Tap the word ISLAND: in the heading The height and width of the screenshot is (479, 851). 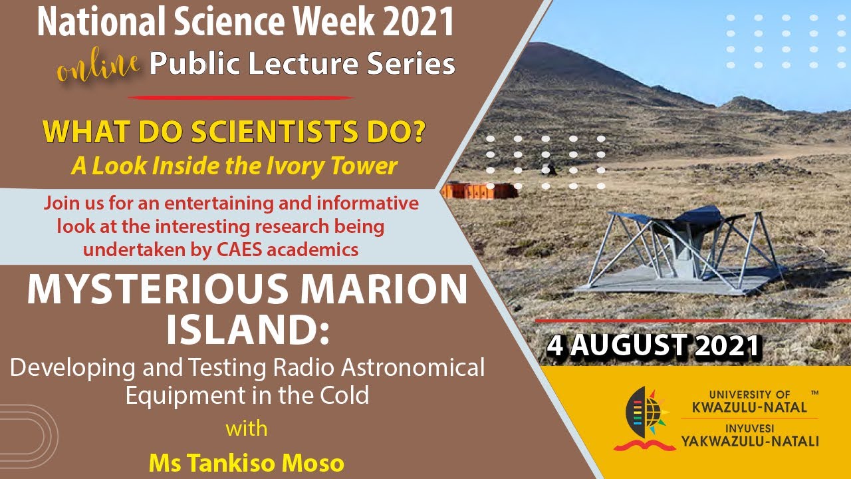pos(247,331)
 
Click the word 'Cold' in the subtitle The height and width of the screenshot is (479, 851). pos(344,395)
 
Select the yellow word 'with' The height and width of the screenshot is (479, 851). pos(247,428)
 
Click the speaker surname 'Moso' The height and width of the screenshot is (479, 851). pos(316,463)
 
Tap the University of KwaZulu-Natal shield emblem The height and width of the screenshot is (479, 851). pos(644,416)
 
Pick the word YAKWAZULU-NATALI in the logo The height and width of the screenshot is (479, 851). pos(749,440)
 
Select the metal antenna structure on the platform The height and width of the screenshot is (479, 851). pos(685,246)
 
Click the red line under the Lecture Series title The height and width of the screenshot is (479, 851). pos(239,98)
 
